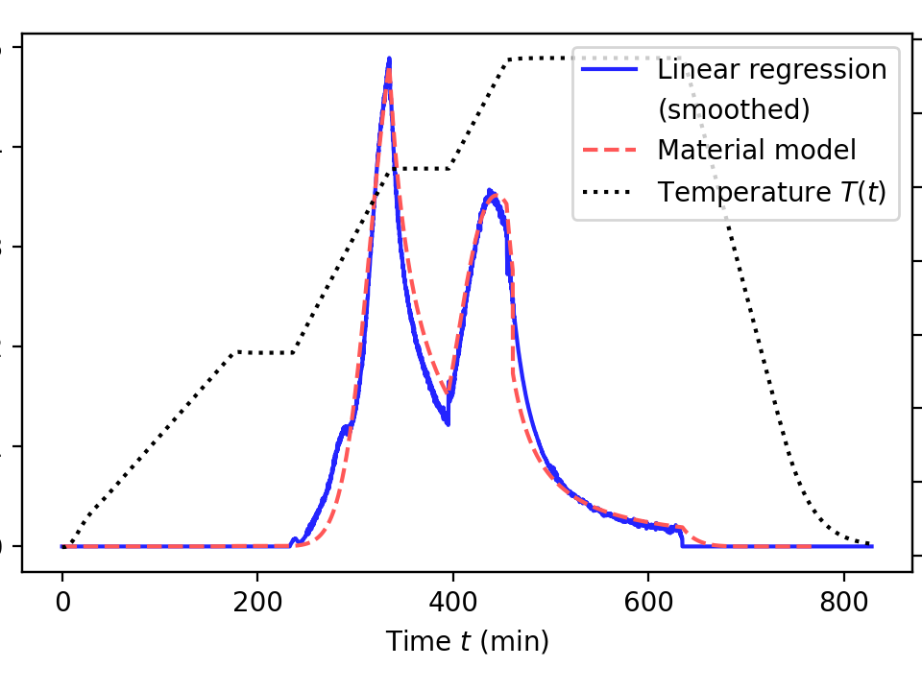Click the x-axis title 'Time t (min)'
(468, 641)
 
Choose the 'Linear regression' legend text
(771, 69)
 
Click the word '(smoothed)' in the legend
(734, 109)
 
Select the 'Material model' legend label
(757, 151)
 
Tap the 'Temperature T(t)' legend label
(771, 192)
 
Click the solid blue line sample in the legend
(609, 69)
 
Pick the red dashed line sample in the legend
(609, 151)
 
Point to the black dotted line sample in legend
(609, 192)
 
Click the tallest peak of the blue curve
(389, 60)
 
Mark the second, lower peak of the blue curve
(490, 192)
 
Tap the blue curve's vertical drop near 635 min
(682, 537)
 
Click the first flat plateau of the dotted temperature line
(264, 353)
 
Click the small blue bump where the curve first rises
(294, 540)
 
